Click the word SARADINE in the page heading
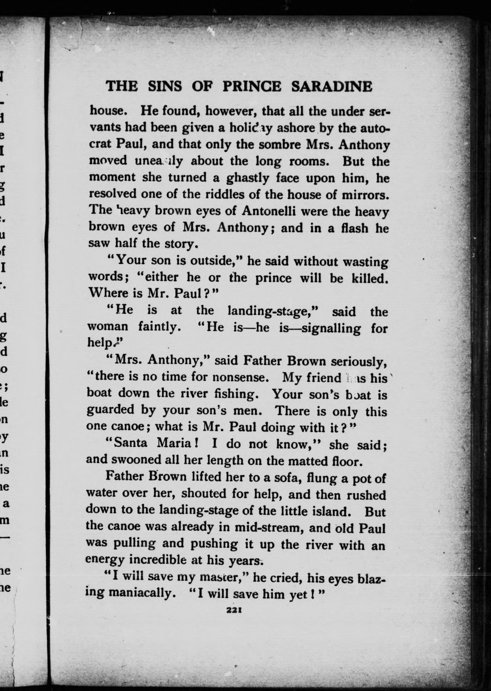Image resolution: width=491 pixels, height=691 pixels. (332, 86)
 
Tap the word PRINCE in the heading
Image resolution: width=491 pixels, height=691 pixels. (251, 86)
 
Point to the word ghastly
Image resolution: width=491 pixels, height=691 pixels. (248, 178)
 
